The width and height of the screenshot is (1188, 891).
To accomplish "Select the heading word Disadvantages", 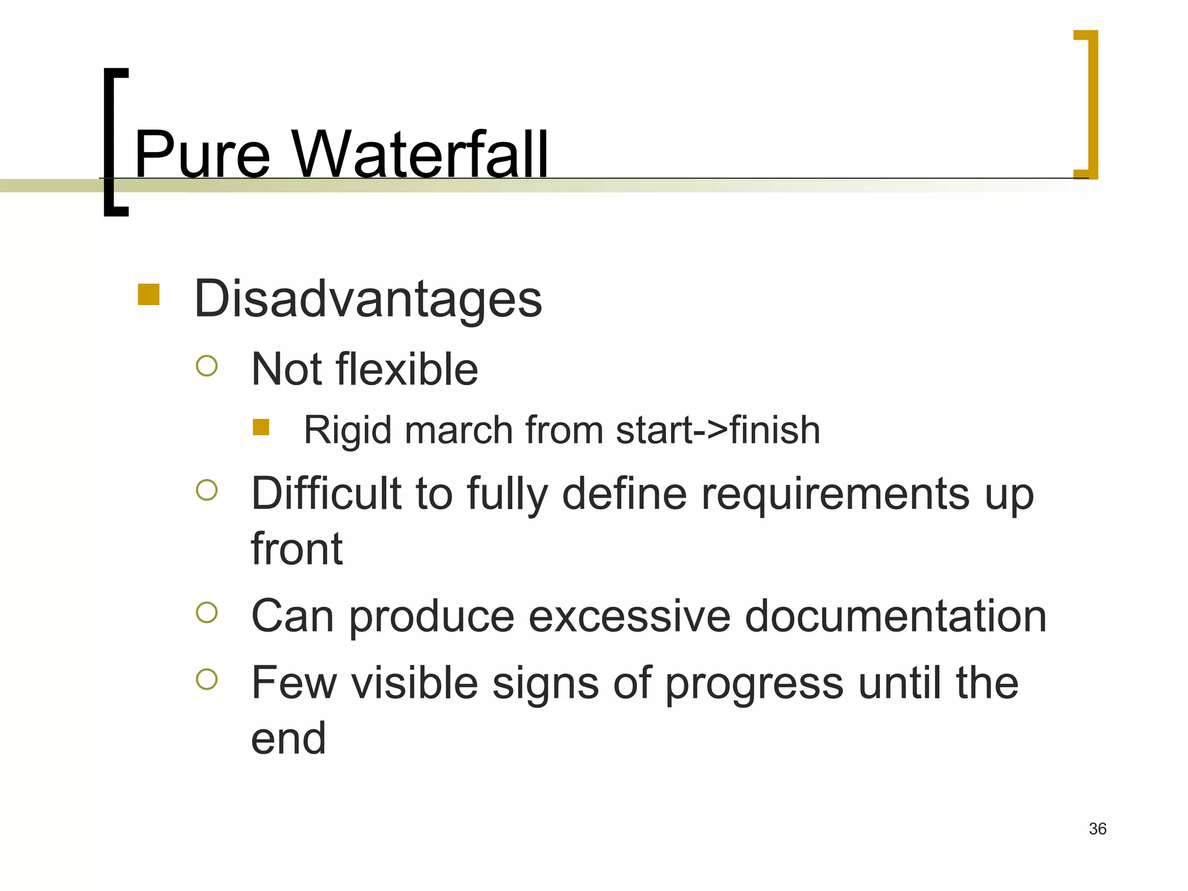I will [368, 299].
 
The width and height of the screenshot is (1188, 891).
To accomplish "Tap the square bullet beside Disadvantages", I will [148, 294].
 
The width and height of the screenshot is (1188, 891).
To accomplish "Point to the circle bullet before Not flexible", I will [207, 366].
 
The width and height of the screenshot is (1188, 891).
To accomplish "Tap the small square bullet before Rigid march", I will [261, 427].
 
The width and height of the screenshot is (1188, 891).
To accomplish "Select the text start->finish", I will [718, 430].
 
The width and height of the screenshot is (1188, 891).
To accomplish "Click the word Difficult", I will [326, 494].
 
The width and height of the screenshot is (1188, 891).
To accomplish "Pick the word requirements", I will [835, 495].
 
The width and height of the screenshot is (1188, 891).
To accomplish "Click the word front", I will [296, 549].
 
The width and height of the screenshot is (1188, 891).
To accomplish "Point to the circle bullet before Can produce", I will [207, 613].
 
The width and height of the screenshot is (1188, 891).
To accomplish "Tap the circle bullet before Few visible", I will [207, 679].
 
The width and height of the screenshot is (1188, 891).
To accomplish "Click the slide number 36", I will [1098, 829].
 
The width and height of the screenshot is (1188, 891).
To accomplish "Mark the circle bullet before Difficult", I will [207, 490].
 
